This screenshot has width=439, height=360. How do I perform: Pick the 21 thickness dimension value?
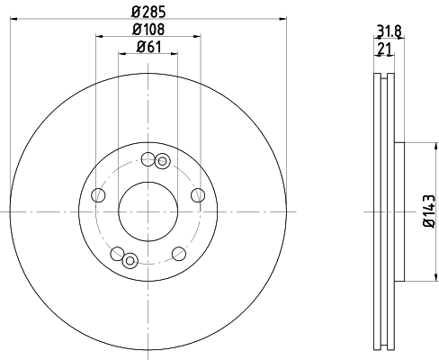[386, 49]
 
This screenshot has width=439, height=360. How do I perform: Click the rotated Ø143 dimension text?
[429, 211]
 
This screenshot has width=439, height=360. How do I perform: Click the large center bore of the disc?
[148, 210]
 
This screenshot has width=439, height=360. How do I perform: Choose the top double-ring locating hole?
[162, 162]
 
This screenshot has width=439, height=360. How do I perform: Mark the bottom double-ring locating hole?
[130, 260]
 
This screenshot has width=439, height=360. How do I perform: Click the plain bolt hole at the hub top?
[148, 159]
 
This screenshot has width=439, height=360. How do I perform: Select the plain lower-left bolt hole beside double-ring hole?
[117, 253]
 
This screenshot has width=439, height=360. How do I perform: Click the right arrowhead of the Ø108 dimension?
[198, 37]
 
